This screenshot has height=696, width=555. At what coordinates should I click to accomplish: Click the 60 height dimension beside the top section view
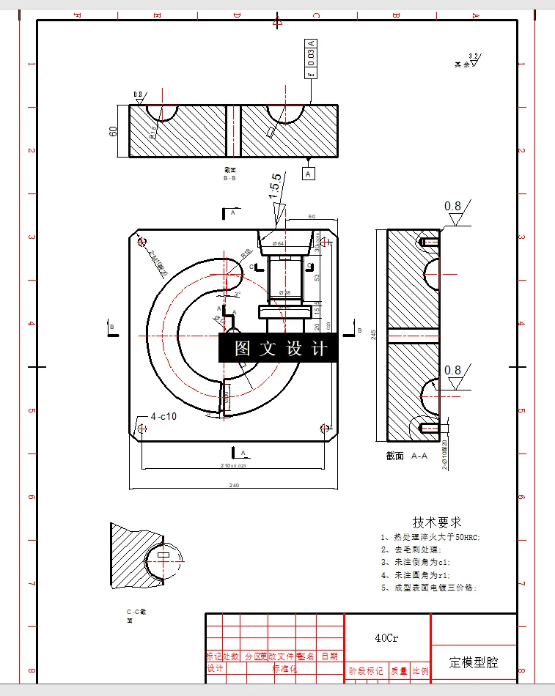(114, 131)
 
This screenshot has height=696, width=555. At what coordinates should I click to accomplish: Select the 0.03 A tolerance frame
(311, 59)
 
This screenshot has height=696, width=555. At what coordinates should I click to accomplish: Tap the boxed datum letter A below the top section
(309, 174)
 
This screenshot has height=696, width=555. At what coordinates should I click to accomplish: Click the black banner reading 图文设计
(279, 348)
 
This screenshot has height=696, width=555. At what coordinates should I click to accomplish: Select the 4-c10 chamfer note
(163, 416)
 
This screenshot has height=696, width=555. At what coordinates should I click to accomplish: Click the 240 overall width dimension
(234, 485)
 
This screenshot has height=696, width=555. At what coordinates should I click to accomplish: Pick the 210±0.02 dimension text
(234, 465)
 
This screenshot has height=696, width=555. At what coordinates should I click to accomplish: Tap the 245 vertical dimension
(373, 335)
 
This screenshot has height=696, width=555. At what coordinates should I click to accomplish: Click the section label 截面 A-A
(407, 455)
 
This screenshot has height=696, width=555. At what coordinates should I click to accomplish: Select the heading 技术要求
(437, 522)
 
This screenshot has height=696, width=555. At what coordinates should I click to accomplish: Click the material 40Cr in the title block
(386, 638)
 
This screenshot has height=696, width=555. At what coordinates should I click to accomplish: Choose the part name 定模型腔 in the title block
(473, 662)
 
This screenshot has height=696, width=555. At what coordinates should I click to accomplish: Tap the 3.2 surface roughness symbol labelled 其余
(467, 62)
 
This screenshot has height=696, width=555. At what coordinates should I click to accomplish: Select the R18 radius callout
(246, 253)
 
